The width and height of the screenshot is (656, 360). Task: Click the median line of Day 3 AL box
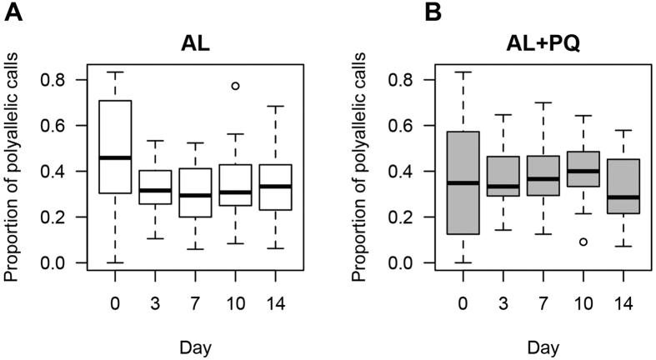tap(156, 190)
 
